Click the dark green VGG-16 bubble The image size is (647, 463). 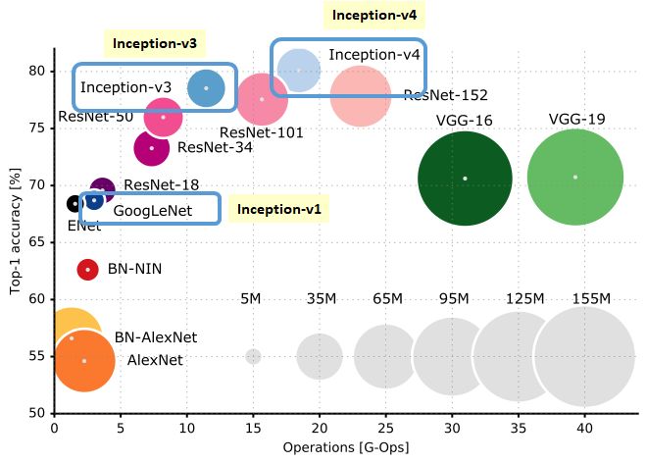point(465,178)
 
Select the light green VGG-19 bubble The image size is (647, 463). point(574,177)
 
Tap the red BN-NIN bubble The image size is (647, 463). point(87,269)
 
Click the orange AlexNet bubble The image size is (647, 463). point(85,360)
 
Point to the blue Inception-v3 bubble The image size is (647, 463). point(206,87)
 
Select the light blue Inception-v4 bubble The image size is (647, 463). point(297,70)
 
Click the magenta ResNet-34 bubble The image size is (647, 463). point(151,148)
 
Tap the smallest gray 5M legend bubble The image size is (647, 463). point(253,356)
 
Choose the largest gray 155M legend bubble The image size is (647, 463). point(585,355)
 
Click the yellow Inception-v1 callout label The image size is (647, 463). point(279,209)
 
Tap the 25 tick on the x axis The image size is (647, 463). point(385,427)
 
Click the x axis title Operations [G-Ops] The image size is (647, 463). point(345,447)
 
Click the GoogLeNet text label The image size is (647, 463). point(152,210)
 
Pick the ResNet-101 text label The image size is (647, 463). point(261,132)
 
